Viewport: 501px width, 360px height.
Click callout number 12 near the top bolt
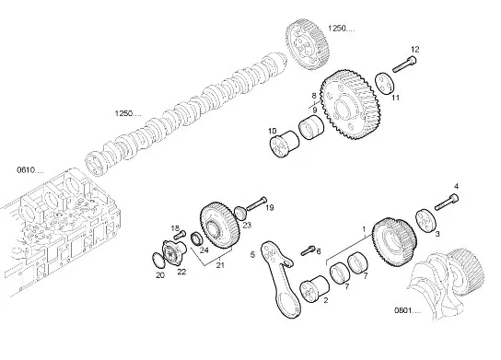pyautogui.click(x=414, y=49)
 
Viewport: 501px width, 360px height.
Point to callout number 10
pyautogui.click(x=272, y=130)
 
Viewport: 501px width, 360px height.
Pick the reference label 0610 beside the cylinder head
pyautogui.click(x=25, y=170)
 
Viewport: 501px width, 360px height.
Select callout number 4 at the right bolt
pyautogui.click(x=454, y=187)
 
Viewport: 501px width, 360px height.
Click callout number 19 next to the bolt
pyautogui.click(x=270, y=209)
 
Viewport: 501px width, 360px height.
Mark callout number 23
pyautogui.click(x=246, y=224)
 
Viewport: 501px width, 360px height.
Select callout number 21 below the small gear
pyautogui.click(x=219, y=266)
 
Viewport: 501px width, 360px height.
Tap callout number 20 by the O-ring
pyautogui.click(x=159, y=274)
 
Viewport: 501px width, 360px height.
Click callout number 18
pyautogui.click(x=173, y=227)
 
